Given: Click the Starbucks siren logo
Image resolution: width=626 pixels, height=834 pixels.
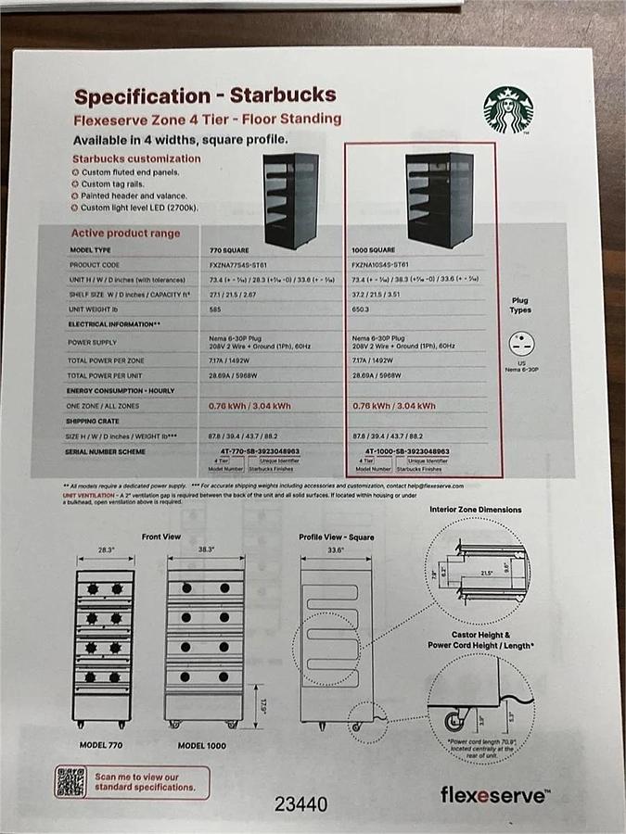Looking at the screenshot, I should point(507,110).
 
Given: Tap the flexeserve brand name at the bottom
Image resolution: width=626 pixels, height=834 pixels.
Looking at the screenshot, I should point(494,794).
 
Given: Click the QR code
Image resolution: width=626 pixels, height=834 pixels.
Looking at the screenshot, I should point(70,781).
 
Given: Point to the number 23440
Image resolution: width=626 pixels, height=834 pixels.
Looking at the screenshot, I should point(300,804).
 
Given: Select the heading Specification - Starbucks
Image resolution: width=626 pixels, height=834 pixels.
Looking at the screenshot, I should point(205,95).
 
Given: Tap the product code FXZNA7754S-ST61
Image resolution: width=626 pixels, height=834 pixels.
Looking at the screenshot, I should point(242,265).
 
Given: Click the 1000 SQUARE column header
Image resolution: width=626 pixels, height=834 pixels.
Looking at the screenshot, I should point(374,250).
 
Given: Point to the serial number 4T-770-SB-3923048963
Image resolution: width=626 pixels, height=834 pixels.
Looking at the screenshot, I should point(254,450).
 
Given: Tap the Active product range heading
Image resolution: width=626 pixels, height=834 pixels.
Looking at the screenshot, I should point(125,234).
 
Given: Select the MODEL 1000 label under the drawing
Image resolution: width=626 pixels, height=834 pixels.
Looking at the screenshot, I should point(203,745).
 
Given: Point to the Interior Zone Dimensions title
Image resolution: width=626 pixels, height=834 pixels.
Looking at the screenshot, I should point(475,510).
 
